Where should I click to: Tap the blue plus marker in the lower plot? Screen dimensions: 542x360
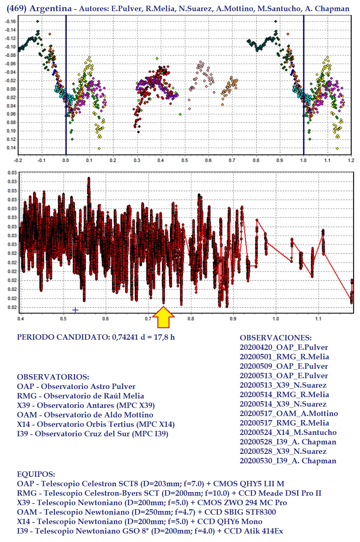coord(75,310)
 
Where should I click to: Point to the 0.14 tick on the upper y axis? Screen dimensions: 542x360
coord(11,148)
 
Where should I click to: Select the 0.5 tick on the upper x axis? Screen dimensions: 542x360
coord(184,160)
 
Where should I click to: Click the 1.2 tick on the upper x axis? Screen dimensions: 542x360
coord(351,160)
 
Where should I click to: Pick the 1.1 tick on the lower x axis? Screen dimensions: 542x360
coord(318,318)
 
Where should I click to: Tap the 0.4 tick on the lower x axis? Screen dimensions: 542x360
coord(21,318)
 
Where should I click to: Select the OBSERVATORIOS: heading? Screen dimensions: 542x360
coord(53,377)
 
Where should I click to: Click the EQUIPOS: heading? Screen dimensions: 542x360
coord(36,474)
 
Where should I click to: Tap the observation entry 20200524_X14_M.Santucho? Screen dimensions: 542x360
coord(288,432)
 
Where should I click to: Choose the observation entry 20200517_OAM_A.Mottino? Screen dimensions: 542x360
coord(289,413)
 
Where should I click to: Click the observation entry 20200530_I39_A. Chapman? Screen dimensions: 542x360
coord(288,461)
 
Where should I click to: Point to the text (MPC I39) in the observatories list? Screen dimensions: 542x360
coord(152,434)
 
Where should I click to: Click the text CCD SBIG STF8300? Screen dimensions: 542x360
coord(240,512)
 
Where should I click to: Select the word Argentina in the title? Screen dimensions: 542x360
coord(50,8)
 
